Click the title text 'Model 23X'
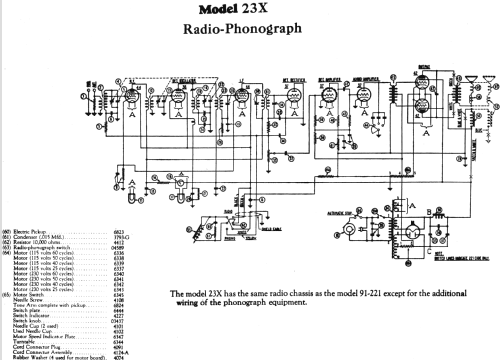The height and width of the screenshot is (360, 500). (250, 10)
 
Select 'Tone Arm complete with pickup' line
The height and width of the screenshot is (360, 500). (59, 305)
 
